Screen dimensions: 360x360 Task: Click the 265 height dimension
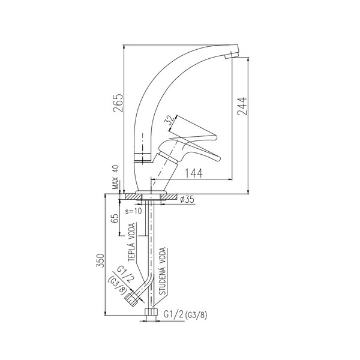point(118,103)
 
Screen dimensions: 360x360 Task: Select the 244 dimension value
point(242,106)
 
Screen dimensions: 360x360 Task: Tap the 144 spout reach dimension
point(194,173)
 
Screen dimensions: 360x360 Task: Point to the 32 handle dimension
point(170,120)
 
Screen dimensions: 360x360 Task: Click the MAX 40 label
point(116,177)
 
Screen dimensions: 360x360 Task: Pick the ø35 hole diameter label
point(187,199)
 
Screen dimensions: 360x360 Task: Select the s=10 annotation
point(134,211)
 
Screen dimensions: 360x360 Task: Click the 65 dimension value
point(115,218)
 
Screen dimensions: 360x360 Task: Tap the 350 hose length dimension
point(100,260)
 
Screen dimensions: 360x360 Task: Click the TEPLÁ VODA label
point(131,242)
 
